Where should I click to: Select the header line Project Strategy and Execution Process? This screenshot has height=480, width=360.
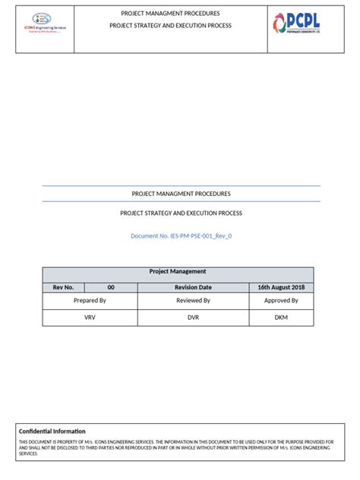[x=170, y=25]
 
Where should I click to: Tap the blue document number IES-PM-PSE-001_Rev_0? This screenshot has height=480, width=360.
[x=181, y=236]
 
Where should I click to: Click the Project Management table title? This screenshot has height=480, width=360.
[x=178, y=272]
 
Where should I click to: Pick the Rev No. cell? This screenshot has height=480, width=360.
[x=63, y=287]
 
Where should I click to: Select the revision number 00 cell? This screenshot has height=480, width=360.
[x=111, y=287]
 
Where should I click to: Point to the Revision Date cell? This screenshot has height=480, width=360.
[x=193, y=287]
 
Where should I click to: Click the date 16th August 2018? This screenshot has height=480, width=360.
[x=280, y=287]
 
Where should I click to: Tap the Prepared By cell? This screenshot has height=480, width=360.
[x=90, y=301]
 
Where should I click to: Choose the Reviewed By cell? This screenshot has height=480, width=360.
[x=193, y=301]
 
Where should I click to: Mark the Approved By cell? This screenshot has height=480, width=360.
[x=280, y=301]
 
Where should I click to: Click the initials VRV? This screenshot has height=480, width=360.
[x=90, y=318]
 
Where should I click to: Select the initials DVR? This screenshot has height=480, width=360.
[x=193, y=318]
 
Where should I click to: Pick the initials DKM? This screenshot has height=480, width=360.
[x=280, y=318]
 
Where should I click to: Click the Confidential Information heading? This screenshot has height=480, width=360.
[x=52, y=431]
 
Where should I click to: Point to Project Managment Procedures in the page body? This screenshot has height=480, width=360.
[x=181, y=194]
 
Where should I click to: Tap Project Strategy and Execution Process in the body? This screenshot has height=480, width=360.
[x=181, y=213]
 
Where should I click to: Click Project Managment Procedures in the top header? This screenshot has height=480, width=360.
[x=170, y=14]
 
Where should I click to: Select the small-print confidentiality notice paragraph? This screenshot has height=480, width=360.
[x=179, y=448]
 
